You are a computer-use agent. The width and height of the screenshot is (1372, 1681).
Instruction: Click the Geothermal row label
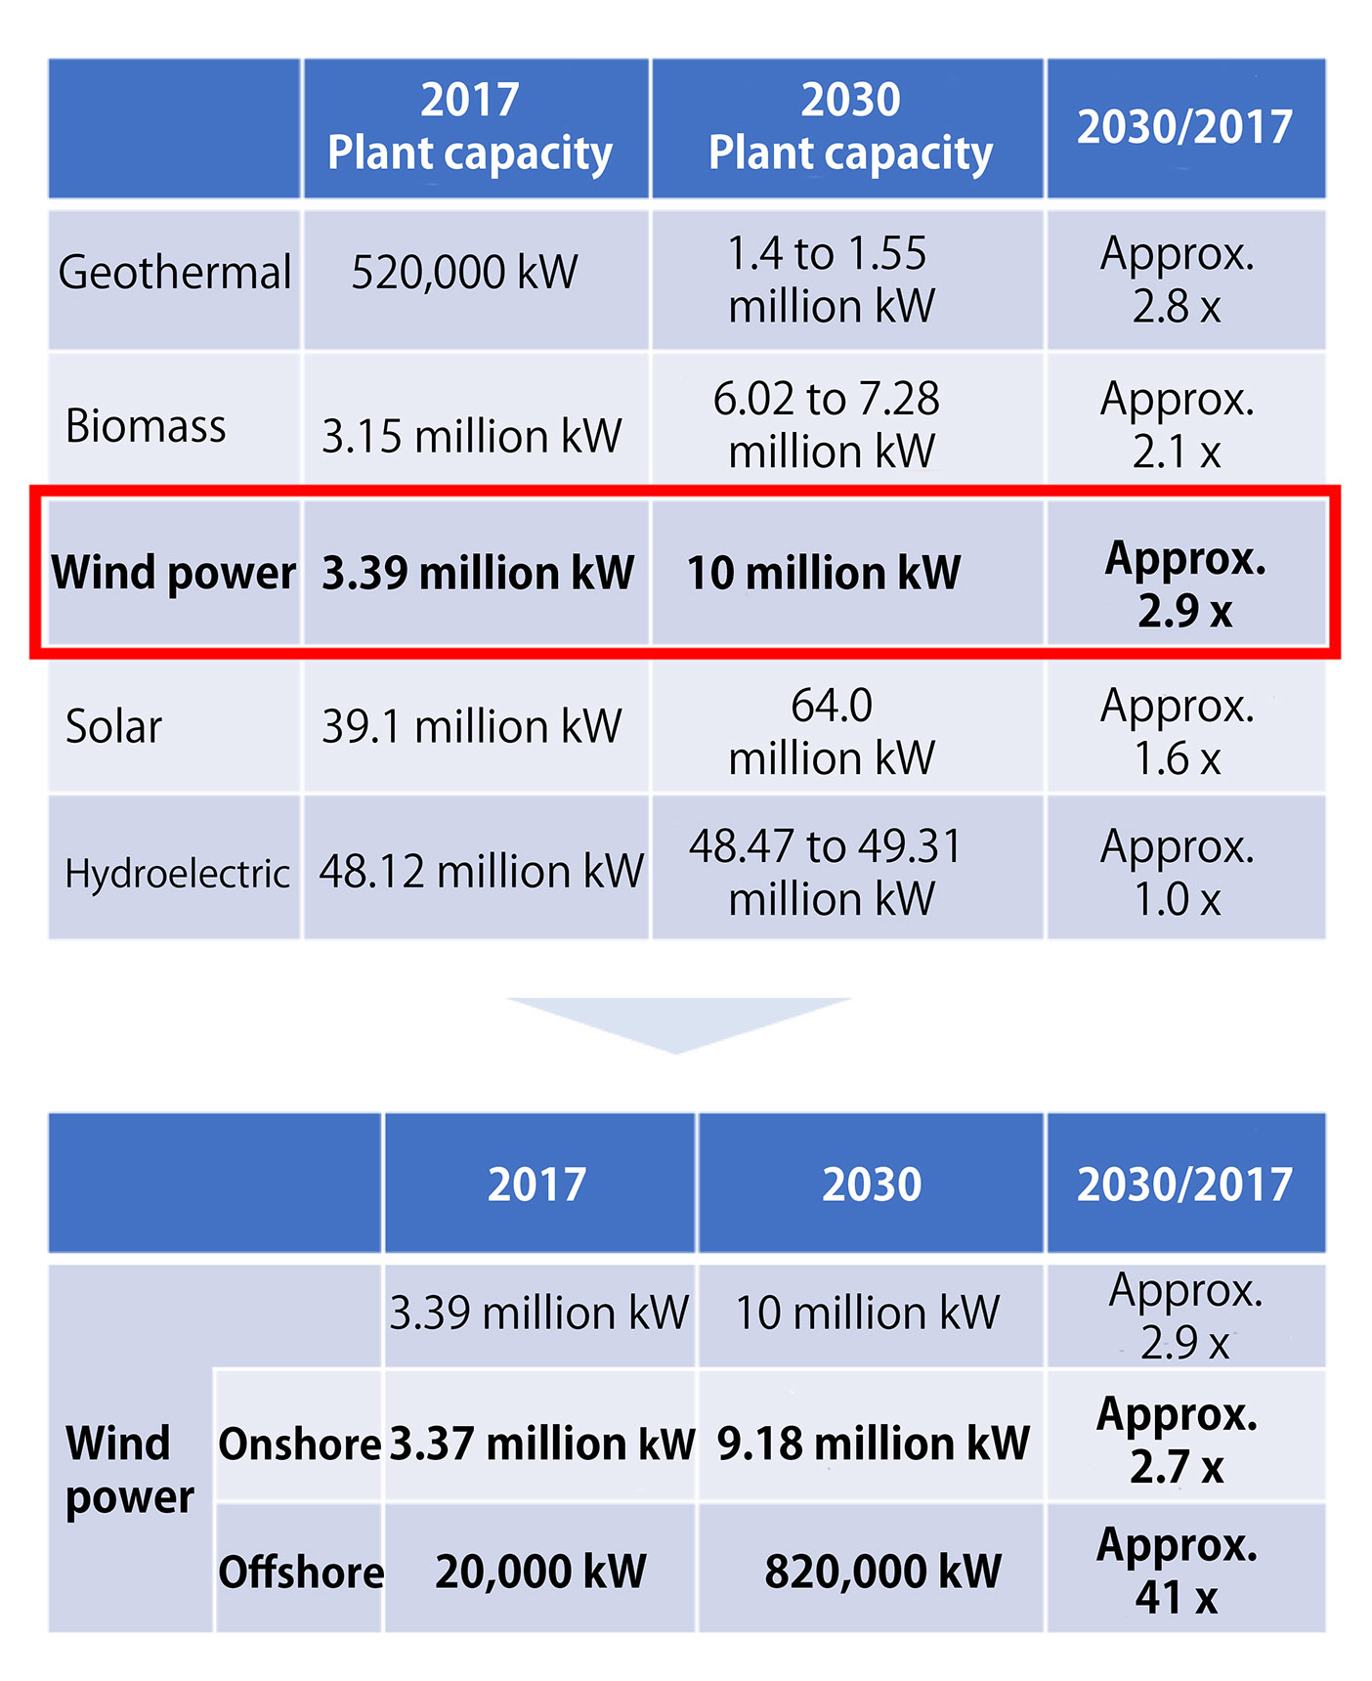click(x=175, y=273)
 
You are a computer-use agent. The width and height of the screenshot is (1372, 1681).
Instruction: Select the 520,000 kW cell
click(x=464, y=273)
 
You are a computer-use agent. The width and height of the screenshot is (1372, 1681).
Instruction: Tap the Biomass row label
click(x=146, y=426)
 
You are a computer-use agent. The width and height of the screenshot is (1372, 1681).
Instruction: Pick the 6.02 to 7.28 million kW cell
click(x=828, y=424)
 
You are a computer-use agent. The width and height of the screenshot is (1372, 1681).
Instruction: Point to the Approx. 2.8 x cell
click(x=1178, y=280)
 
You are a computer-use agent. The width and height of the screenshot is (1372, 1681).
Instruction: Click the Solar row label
click(x=113, y=727)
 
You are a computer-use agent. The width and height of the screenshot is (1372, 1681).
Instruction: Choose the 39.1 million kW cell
click(x=471, y=727)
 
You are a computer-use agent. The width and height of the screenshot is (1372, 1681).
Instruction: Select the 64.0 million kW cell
click(x=832, y=731)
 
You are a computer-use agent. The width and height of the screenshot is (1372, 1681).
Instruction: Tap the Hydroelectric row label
click(x=177, y=873)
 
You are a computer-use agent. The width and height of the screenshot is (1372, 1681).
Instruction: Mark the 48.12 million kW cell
click(x=481, y=871)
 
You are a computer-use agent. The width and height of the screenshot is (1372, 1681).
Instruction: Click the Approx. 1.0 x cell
click(x=1178, y=872)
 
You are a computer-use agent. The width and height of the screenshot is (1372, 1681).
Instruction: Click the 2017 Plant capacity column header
click(x=470, y=127)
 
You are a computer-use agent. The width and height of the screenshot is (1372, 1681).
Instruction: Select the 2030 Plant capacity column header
click(x=850, y=127)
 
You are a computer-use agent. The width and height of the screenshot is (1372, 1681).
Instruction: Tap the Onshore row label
click(x=299, y=1444)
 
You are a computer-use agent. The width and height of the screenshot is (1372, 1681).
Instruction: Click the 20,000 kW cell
click(x=540, y=1572)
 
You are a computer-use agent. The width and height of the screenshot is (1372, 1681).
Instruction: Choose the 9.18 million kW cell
click(x=873, y=1444)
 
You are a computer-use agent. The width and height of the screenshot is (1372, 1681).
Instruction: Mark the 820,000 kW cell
click(x=882, y=1572)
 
